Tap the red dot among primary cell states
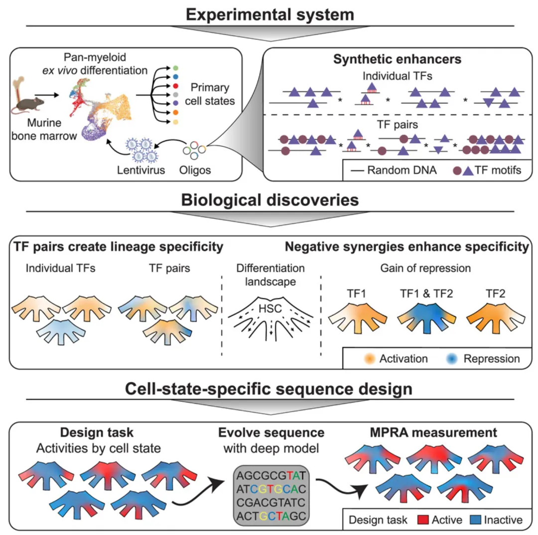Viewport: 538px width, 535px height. click(x=176, y=86)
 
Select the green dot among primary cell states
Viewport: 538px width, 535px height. click(x=176, y=68)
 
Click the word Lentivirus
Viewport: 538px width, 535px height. click(x=140, y=170)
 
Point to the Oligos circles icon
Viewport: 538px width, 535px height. click(x=194, y=150)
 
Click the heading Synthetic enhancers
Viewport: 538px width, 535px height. click(x=398, y=59)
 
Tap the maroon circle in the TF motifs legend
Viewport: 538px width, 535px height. click(x=457, y=170)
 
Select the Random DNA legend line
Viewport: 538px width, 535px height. click(x=357, y=170)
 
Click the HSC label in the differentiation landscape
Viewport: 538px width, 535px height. click(x=270, y=309)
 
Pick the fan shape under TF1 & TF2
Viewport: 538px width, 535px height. click(x=426, y=318)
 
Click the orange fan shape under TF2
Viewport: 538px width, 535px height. click(x=496, y=318)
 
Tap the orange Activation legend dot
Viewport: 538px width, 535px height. click(x=370, y=358)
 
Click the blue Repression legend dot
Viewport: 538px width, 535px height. click(x=452, y=358)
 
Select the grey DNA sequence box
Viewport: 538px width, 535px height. click(x=271, y=496)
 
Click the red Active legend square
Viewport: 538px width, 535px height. click(x=423, y=520)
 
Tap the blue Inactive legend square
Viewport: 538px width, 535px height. click(x=475, y=520)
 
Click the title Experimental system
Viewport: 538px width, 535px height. click(x=270, y=14)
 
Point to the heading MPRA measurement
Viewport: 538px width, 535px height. click(x=433, y=432)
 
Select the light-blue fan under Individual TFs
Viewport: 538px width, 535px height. click(x=61, y=331)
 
